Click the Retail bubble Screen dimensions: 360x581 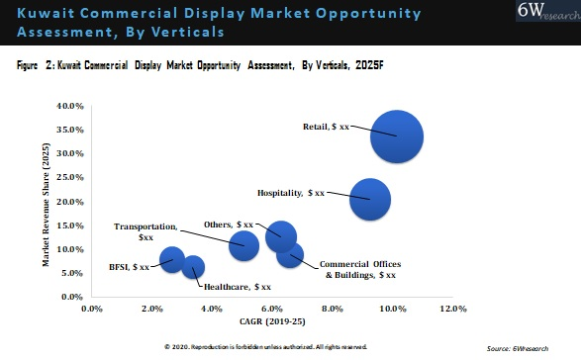[x=397, y=136]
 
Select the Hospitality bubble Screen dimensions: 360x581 [x=370, y=199]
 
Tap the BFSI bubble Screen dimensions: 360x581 [x=172, y=260]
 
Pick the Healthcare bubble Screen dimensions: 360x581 [x=194, y=267]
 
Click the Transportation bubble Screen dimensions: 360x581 [x=243, y=244]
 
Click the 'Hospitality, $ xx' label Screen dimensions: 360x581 [x=291, y=193]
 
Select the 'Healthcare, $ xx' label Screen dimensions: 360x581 [x=237, y=287]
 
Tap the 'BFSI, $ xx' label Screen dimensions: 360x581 [x=131, y=267]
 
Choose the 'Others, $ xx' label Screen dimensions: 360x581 [x=229, y=225]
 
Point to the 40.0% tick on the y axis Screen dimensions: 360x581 [x=68, y=106]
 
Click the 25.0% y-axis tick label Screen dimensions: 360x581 [x=68, y=178]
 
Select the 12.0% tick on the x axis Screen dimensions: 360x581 [x=452, y=310]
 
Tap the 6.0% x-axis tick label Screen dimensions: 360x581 [x=272, y=310]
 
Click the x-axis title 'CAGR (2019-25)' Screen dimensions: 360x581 [x=273, y=322]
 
